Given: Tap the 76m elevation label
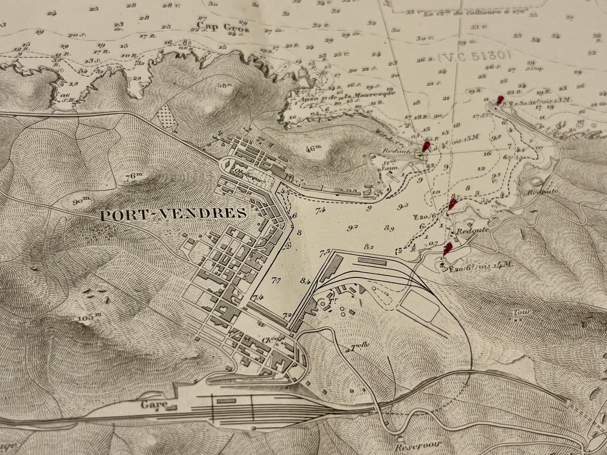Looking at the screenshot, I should tap(134, 176).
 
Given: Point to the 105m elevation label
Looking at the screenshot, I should tap(86, 317).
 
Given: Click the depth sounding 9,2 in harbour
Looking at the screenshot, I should tap(352, 228).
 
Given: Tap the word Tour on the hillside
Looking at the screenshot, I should tap(519, 312).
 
